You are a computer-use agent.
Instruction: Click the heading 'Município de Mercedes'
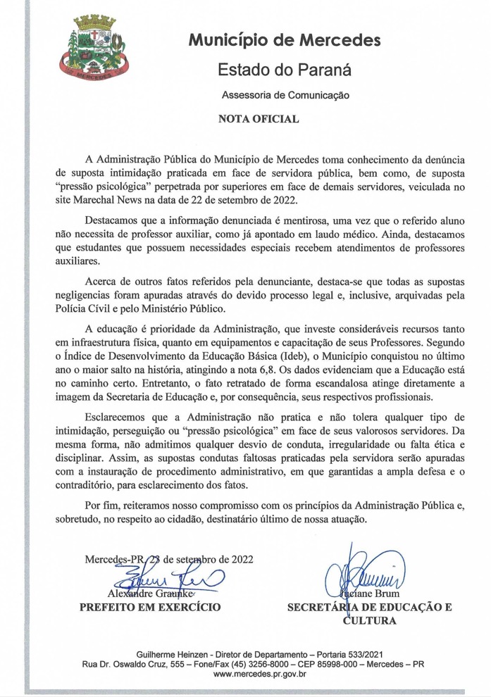coord(284,40)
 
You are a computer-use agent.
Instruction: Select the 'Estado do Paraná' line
coord(284,69)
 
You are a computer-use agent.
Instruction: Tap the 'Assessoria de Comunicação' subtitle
coord(285,94)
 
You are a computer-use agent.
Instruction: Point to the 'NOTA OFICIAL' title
coord(259,119)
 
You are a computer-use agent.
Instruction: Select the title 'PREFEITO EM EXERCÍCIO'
coord(149,607)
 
